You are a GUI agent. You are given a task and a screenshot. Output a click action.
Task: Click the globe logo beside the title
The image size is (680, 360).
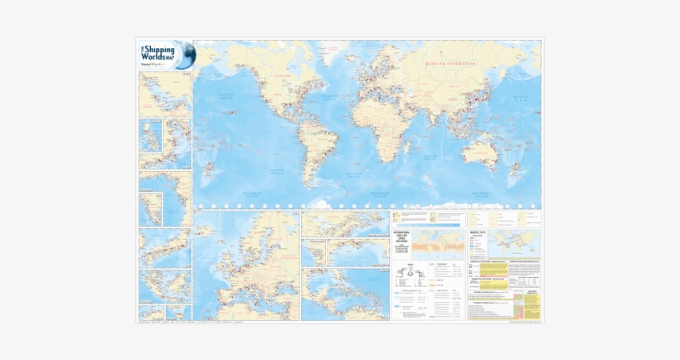(x=185, y=55)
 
